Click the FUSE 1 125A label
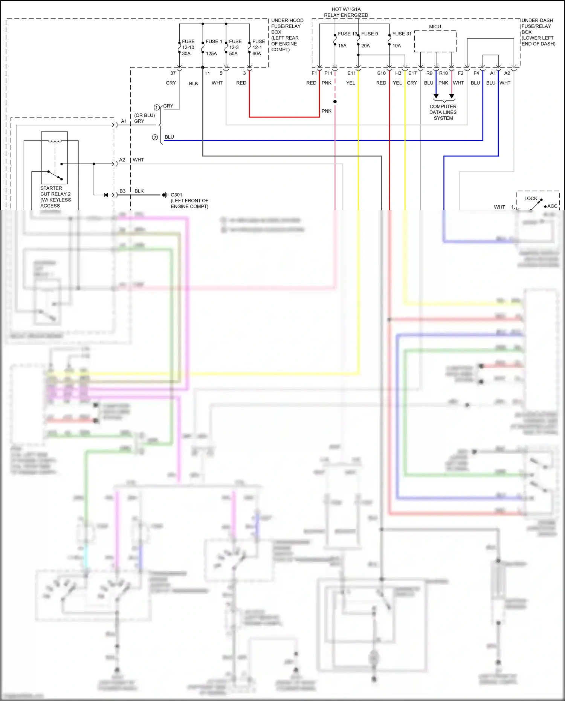tap(214, 47)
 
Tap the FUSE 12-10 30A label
tap(188, 47)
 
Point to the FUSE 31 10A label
tap(402, 39)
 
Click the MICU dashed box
tap(435, 41)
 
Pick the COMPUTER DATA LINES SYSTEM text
tap(443, 112)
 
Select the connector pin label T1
tap(207, 74)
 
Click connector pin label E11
tap(351, 73)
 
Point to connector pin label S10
tap(381, 73)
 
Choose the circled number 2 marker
tap(155, 137)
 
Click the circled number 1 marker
tap(157, 107)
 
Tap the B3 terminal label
tap(122, 191)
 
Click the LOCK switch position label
tap(531, 198)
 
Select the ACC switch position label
tap(552, 206)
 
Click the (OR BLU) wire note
tap(144, 115)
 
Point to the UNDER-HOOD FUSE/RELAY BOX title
tap(287, 35)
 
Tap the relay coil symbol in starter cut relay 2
tap(55, 141)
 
